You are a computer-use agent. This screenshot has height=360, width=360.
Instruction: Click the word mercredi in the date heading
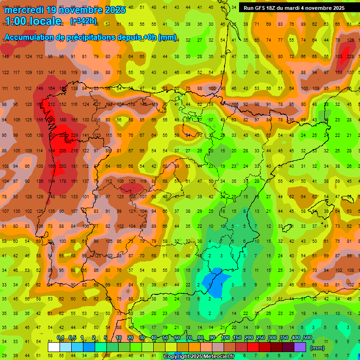tap(25, 9)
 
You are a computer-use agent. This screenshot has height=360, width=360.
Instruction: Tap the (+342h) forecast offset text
tap(83, 21)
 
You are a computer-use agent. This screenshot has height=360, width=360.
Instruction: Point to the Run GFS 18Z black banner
tap(294, 8)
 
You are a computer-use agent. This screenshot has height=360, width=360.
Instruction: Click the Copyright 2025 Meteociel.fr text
tap(198, 357)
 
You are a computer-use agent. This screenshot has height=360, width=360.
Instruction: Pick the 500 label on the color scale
tap(307, 337)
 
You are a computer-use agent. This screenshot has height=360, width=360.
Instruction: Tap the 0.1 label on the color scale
tap(60, 337)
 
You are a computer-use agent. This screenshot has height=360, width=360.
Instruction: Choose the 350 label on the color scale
tap(284, 337)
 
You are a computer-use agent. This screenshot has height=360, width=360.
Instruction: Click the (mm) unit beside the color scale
tap(317, 348)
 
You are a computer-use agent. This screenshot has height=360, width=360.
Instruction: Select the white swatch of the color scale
tap(54, 347)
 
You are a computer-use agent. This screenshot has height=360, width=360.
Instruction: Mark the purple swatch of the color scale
tap(300, 347)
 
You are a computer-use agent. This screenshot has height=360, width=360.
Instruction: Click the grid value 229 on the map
tap(74, 135)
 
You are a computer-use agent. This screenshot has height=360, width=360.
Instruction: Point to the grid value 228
tap(350, 57)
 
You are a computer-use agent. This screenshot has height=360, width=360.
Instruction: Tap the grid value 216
tap(74, 151)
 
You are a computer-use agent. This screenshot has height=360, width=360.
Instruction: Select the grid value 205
tap(62, 151)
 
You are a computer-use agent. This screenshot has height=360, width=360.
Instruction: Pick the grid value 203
tap(62, 166)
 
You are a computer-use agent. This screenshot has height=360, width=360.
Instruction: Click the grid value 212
tap(51, 105)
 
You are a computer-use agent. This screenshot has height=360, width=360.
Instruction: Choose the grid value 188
tap(62, 120)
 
